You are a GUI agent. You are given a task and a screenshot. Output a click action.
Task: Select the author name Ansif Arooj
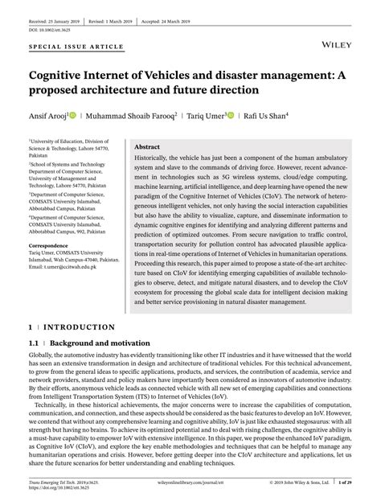(x=47, y=116)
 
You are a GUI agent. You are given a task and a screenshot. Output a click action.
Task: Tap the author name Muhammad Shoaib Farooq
(x=133, y=116)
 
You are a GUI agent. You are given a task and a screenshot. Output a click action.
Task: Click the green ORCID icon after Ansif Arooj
(x=74, y=116)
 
